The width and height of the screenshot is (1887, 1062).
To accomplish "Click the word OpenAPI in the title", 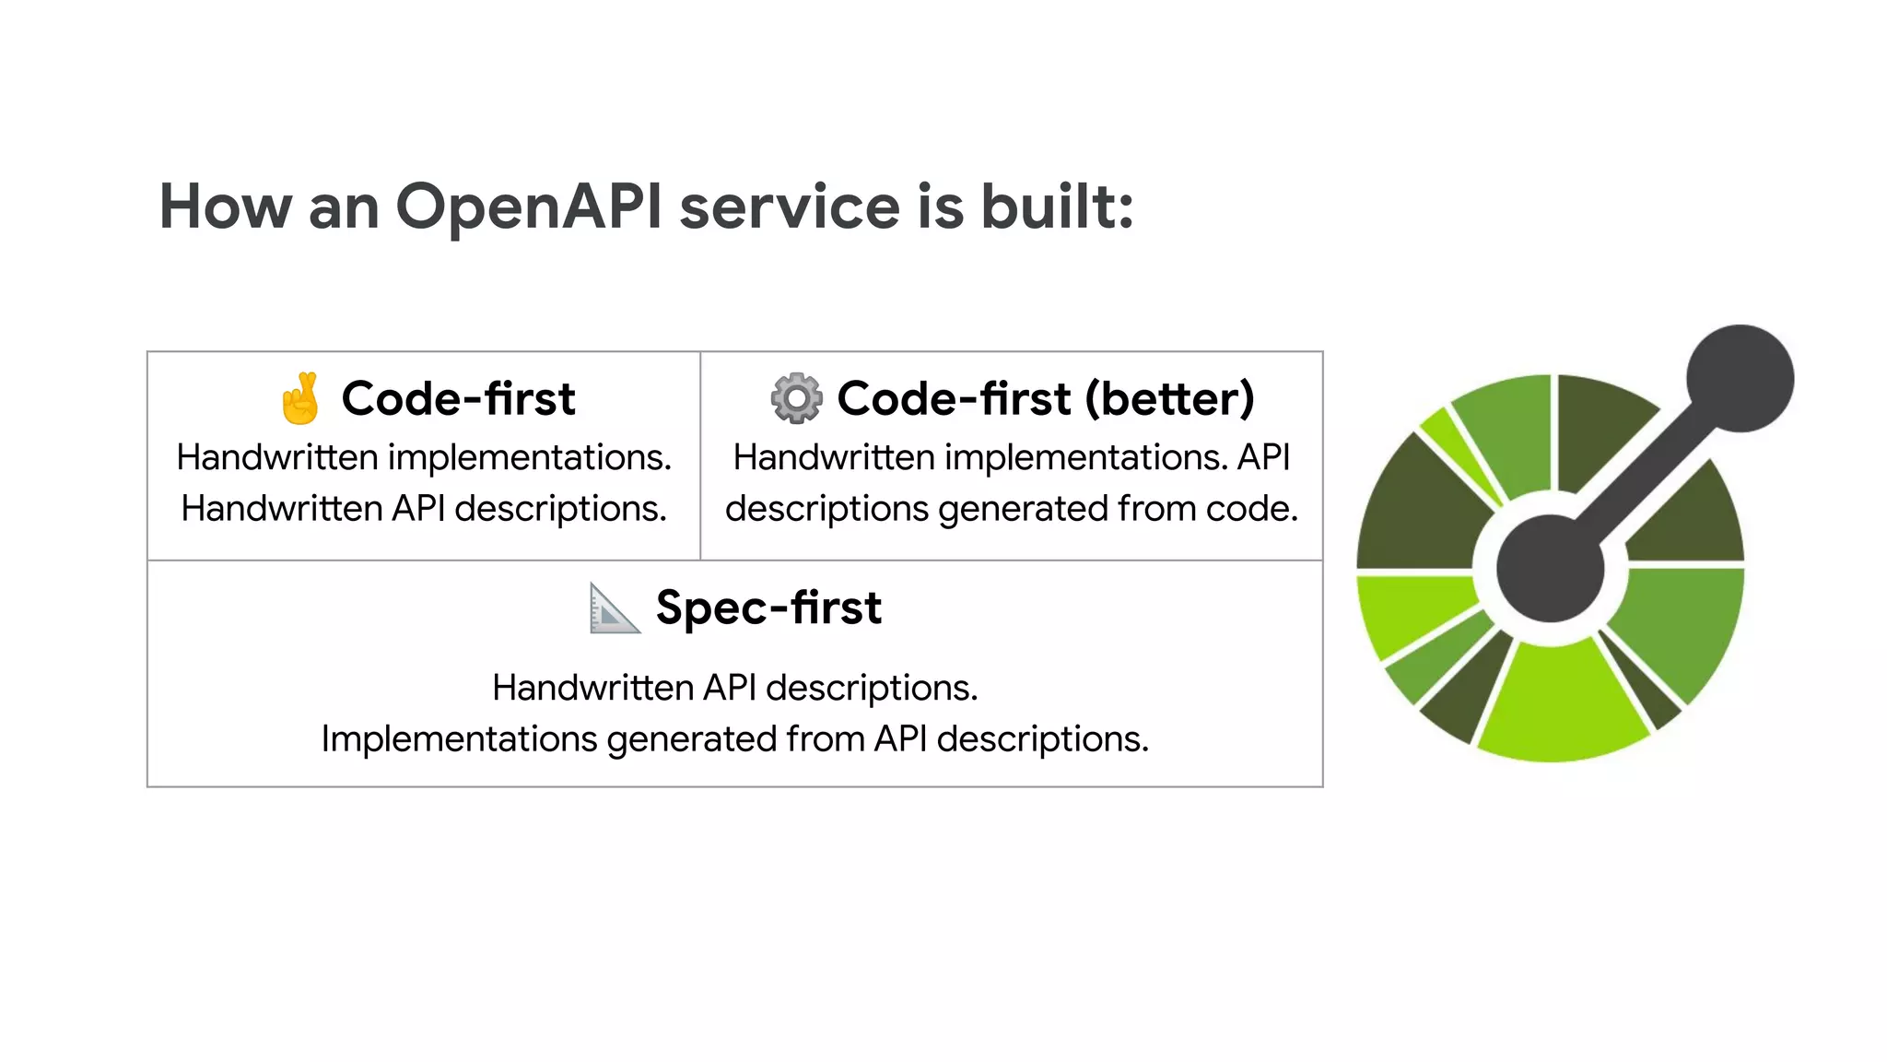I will (528, 207).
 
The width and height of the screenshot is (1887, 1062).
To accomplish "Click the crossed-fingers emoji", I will (300, 398).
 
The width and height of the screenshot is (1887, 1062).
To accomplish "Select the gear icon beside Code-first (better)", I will (796, 398).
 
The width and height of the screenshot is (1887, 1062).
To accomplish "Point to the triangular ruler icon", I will (615, 608).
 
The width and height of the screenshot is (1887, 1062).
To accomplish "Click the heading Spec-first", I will (768, 608).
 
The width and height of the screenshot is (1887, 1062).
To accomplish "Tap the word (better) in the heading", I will (1169, 398).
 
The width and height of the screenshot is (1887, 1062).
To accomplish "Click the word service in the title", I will (790, 207).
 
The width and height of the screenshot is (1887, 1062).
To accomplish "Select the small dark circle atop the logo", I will (1740, 378).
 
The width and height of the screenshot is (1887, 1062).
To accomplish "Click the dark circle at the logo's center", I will (1551, 568).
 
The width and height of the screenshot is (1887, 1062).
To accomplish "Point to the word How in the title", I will (225, 207).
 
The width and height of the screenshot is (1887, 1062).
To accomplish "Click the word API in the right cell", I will (1263, 457).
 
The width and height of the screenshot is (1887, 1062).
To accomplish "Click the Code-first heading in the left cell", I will (458, 398).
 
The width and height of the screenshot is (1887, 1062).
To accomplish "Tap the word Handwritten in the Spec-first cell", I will (592, 688).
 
